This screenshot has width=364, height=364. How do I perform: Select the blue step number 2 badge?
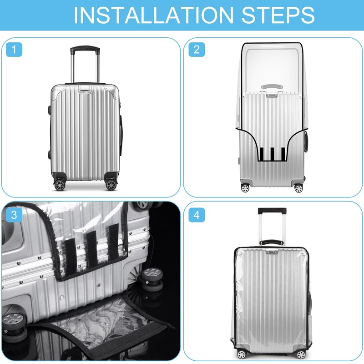[x=197, y=49]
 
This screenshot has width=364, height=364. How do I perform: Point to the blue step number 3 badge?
[x=14, y=215]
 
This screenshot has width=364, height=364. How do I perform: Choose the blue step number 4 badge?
[x=197, y=215]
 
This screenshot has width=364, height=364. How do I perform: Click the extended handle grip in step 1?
[x=85, y=48]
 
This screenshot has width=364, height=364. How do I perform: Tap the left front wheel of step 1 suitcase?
[x=60, y=184]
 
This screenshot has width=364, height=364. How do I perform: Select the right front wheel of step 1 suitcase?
[x=111, y=184]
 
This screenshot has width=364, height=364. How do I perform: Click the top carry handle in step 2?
[x=272, y=86]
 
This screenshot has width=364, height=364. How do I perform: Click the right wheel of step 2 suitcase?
[x=298, y=187]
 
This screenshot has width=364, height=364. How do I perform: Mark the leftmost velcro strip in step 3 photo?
[x=71, y=253]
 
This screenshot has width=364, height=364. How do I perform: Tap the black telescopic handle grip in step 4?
[x=272, y=211]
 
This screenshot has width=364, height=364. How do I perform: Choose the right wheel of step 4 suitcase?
[x=300, y=354]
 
